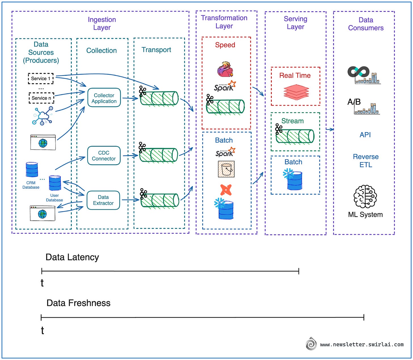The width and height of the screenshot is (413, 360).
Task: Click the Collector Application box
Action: pos(104,98)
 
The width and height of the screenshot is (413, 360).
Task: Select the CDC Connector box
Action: pos(104,156)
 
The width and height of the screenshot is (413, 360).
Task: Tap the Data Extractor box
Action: pos(103,200)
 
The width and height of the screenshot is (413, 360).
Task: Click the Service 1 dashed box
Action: pos(41,79)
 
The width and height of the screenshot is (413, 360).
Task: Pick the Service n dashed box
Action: pos(41,98)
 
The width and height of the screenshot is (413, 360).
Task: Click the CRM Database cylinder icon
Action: pos(32,170)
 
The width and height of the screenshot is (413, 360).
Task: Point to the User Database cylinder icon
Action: pos(55,183)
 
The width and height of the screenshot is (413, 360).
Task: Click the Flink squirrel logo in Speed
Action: pos(225,69)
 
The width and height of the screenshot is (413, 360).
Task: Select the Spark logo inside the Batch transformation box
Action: pos(225,152)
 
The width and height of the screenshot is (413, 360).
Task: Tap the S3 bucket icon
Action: pos(226,169)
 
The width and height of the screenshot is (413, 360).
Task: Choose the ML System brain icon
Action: pos(365,197)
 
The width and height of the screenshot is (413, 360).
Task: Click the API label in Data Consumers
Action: pos(365,135)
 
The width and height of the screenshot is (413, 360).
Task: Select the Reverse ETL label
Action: pos(366,161)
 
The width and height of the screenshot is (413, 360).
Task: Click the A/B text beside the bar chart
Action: pos(354,102)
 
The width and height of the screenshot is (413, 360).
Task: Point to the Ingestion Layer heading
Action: pos(102,24)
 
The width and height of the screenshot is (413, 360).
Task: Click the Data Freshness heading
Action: pos(78,303)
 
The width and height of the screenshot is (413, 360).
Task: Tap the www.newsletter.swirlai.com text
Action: pos(362,345)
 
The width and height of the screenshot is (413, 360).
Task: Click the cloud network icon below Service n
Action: pos(43,116)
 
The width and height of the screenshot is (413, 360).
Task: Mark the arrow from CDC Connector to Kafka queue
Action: pos(130,155)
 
